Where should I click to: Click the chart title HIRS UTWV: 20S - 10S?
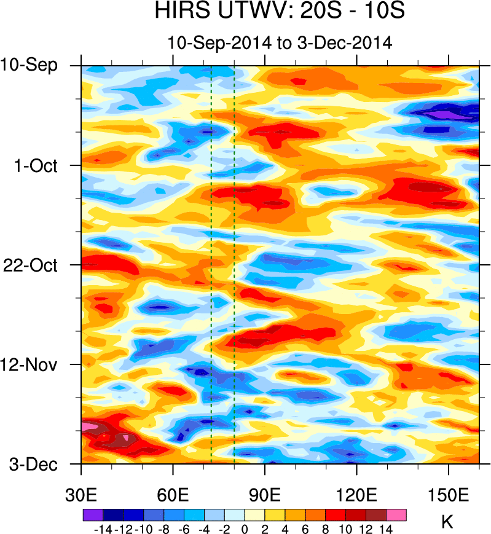tap(280, 12)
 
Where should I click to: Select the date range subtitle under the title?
tap(280, 43)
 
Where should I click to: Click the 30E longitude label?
tap(82, 495)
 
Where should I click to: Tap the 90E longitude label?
tap(265, 495)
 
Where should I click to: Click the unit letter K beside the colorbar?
tap(447, 522)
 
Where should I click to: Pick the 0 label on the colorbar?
tap(245, 528)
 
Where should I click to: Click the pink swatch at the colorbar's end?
tap(396, 514)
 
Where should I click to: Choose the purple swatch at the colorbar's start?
tap(92, 514)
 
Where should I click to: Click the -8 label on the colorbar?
tap(163, 528)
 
